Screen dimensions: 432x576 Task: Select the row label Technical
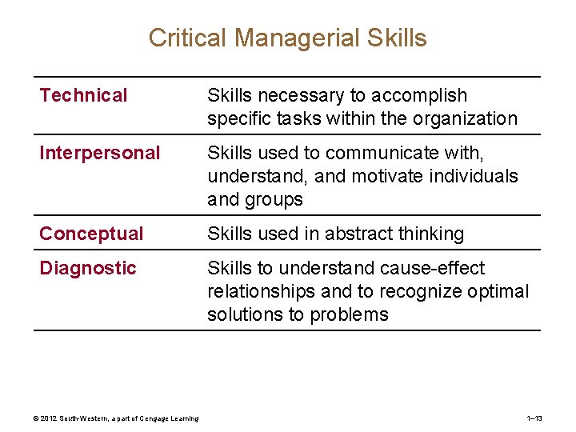tap(83, 95)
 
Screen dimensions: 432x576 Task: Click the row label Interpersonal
tap(99, 153)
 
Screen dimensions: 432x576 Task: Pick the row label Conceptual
tap(91, 234)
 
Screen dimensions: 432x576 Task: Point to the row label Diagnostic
tap(88, 268)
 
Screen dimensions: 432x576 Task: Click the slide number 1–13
tap(534, 418)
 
